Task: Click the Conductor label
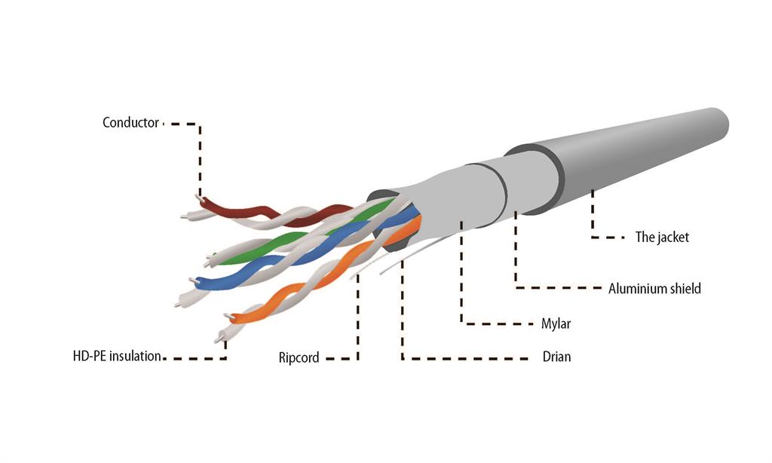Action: point(130,123)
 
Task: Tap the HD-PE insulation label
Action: point(117,356)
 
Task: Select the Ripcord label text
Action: point(299,357)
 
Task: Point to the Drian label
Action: point(557,357)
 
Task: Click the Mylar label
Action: point(556,323)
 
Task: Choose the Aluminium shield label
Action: point(654,289)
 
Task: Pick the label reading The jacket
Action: point(662,238)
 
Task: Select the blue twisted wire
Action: point(296,256)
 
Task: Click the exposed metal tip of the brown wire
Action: point(198,198)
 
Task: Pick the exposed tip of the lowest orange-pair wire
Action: point(219,339)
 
